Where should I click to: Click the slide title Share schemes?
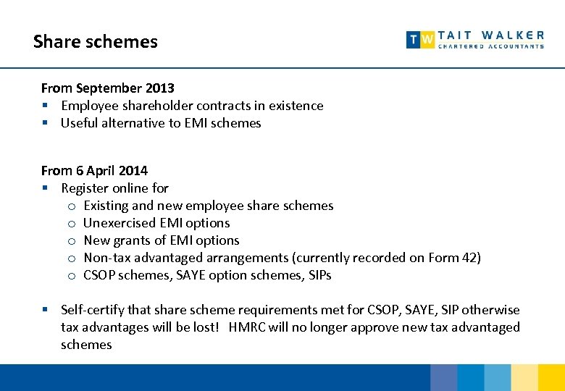(x=95, y=42)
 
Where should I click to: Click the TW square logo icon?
(x=420, y=40)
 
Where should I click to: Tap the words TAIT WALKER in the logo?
(x=490, y=35)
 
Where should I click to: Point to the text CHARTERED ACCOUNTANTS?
(x=490, y=46)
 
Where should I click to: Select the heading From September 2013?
(x=107, y=88)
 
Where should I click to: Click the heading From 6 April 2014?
(x=94, y=171)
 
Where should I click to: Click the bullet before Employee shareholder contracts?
(x=45, y=106)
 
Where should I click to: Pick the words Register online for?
(x=114, y=188)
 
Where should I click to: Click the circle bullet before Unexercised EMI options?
(x=72, y=224)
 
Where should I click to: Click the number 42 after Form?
(x=467, y=258)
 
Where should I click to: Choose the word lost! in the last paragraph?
(x=204, y=327)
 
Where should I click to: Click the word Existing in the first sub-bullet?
(x=106, y=206)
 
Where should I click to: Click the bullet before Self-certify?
(x=45, y=310)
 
